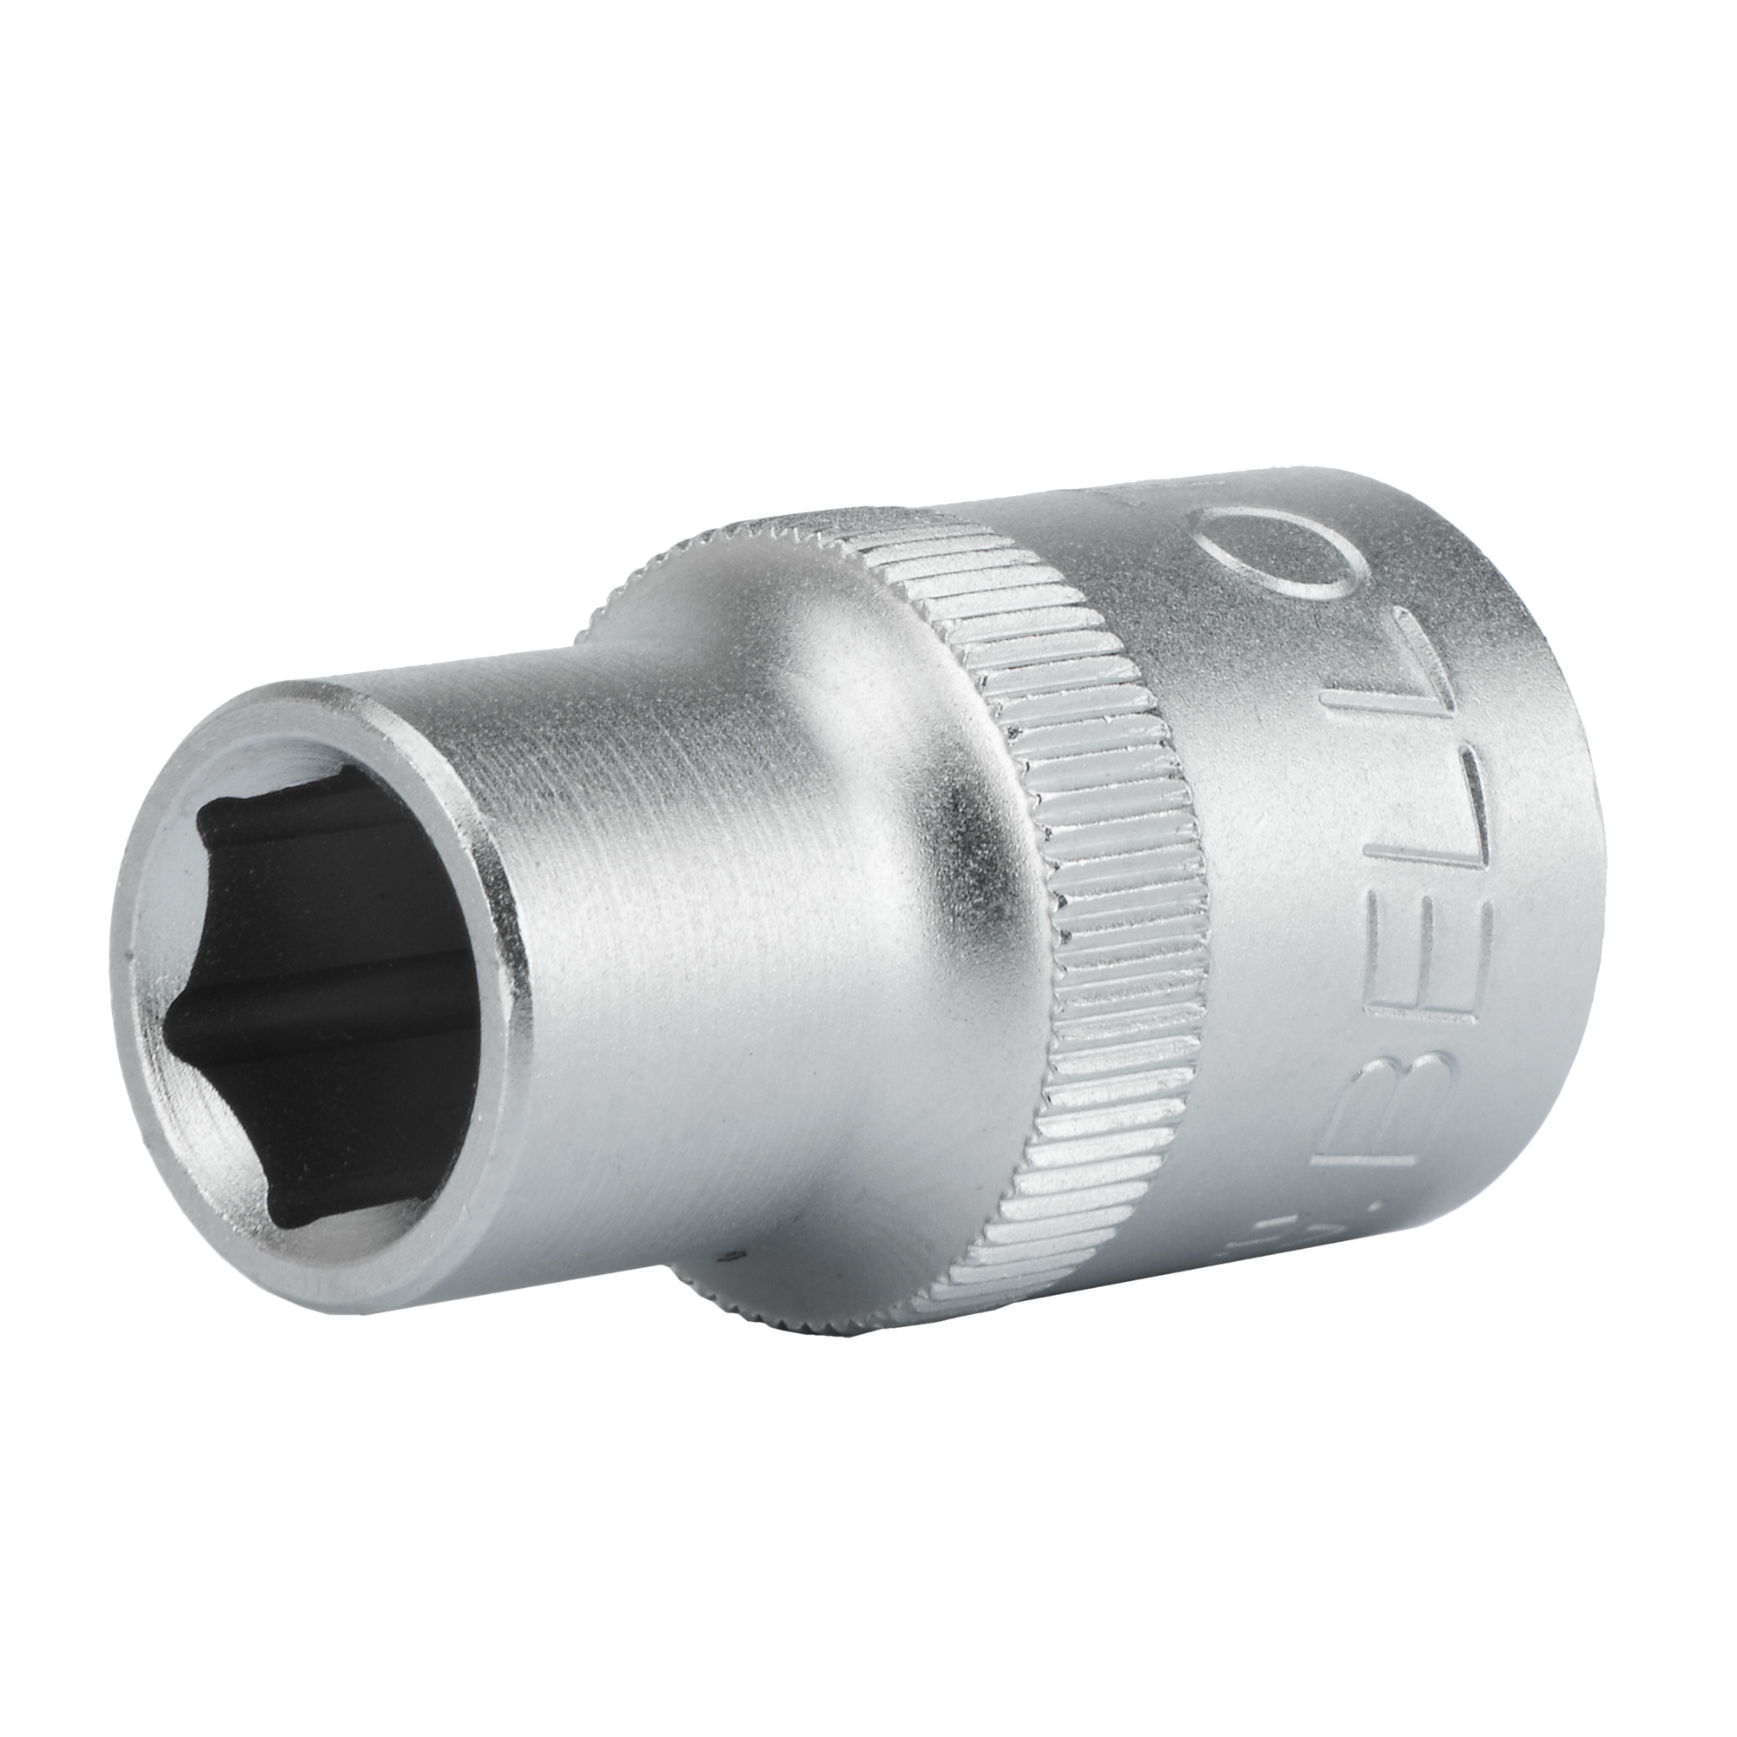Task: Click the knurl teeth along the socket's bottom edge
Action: (x=809, y=1339)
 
